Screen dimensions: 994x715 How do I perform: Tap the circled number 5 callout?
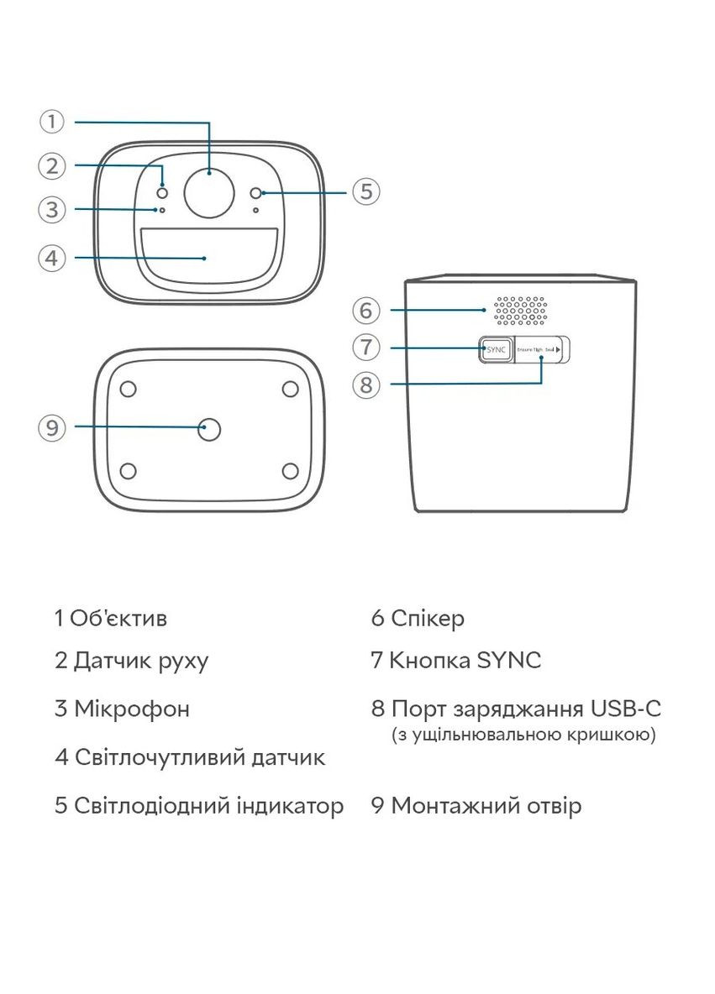pos(365,191)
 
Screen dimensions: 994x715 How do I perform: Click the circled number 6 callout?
pos(365,310)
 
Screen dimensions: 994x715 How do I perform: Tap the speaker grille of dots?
pos(520,310)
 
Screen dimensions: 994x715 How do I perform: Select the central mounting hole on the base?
pos(209,430)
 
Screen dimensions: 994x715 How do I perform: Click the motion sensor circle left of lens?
pos(162,192)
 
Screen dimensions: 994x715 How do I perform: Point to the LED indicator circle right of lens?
pos(257,193)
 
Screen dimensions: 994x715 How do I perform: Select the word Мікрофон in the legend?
pos(132,709)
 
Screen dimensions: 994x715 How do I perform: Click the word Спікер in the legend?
pos(428,619)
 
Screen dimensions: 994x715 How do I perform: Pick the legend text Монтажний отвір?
pos(486,806)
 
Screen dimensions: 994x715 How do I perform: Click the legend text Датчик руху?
pos(141,661)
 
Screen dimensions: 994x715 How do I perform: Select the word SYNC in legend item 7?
pos(508,661)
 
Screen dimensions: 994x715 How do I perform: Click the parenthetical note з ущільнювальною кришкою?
pos(523,735)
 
